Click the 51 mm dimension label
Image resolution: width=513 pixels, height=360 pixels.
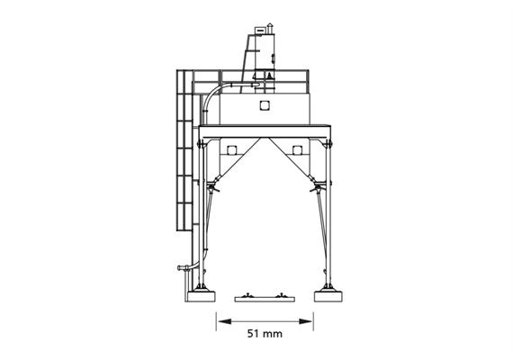click(x=265, y=334)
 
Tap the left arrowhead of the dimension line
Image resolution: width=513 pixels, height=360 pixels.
click(x=224, y=321)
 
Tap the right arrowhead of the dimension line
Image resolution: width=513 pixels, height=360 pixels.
click(x=305, y=321)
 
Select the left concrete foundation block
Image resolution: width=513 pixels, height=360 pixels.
click(x=202, y=296)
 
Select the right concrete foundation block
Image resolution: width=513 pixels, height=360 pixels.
click(x=328, y=296)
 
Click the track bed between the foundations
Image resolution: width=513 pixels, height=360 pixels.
click(x=265, y=299)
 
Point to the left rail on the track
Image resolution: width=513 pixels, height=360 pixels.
click(x=248, y=295)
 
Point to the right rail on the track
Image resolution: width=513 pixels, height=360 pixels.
click(x=281, y=295)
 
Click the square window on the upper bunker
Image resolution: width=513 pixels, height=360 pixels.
click(x=265, y=105)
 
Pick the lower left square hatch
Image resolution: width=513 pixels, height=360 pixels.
click(x=231, y=150)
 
